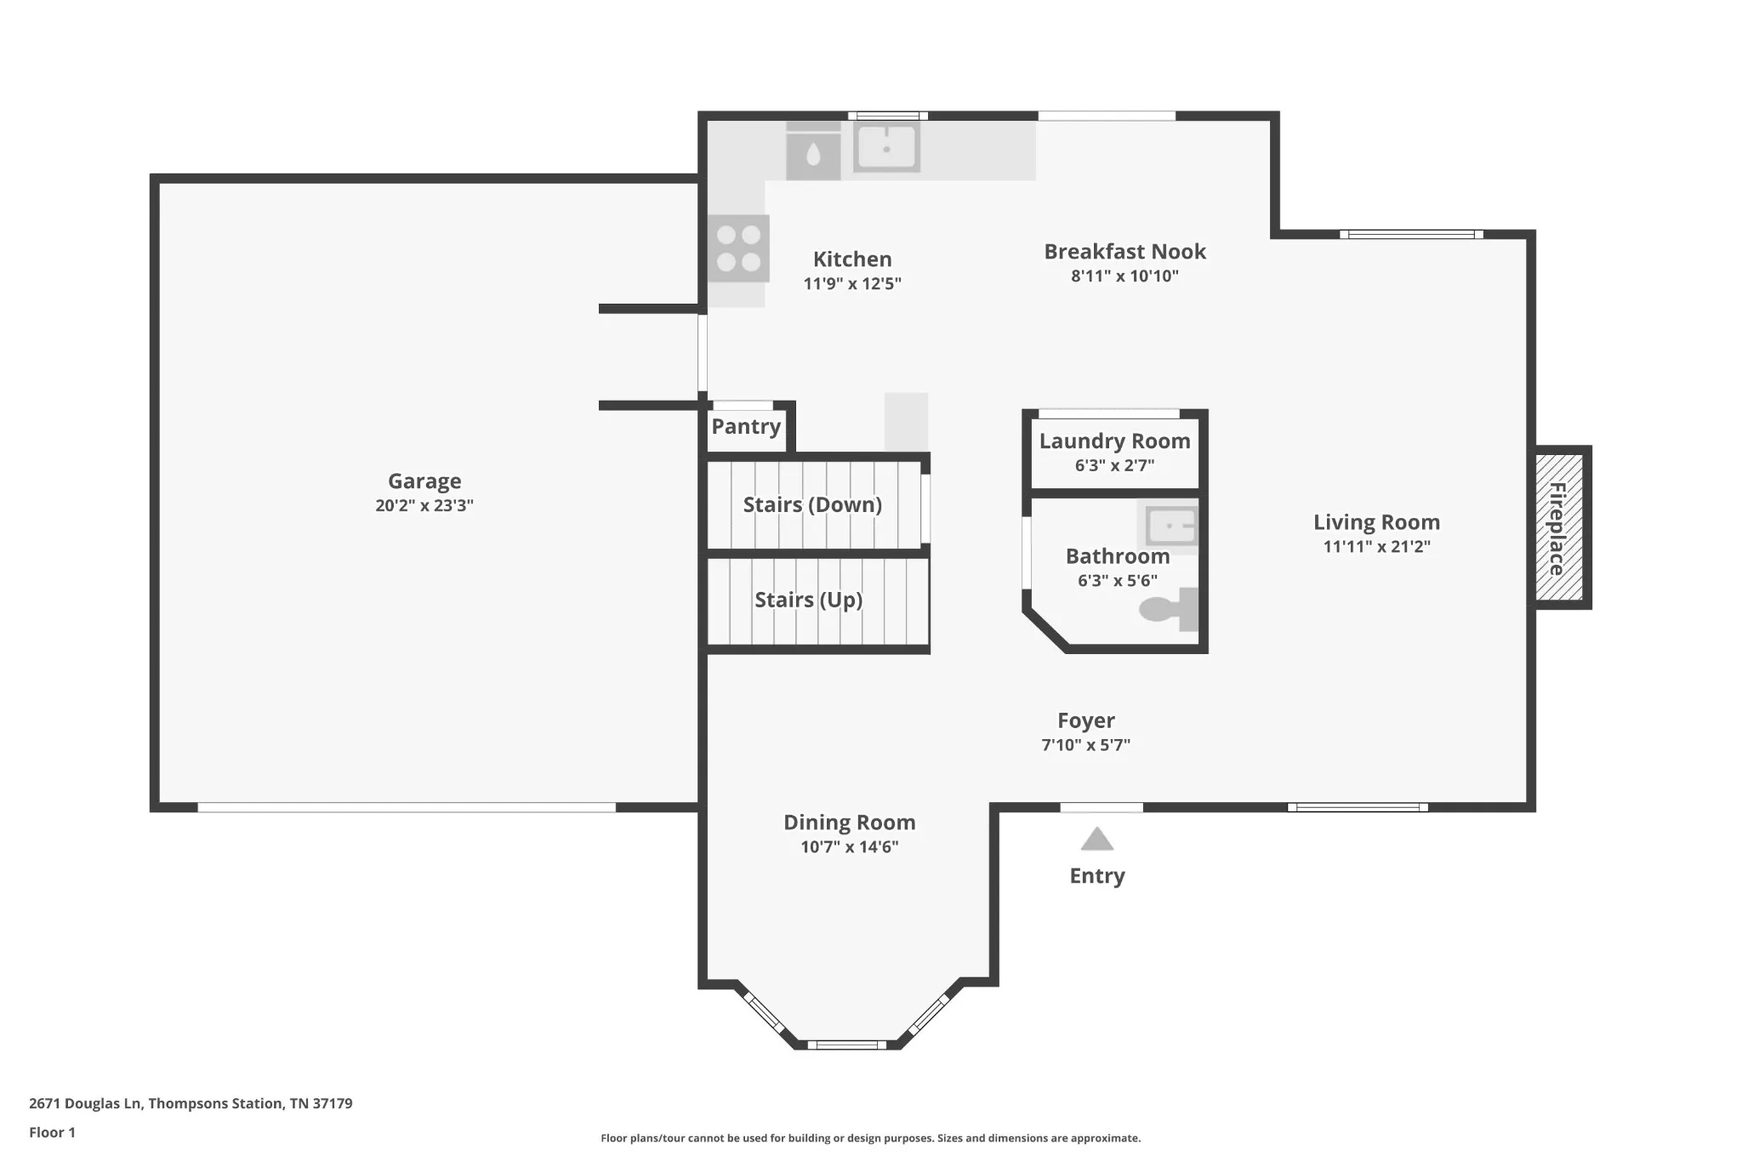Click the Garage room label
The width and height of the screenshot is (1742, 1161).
[424, 481]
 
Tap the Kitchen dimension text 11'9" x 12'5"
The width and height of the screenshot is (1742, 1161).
[852, 283]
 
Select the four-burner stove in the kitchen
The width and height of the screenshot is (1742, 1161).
[738, 248]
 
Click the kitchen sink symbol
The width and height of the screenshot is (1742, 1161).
[886, 148]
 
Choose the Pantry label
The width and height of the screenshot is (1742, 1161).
[746, 426]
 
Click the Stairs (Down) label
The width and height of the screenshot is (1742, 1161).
[812, 505]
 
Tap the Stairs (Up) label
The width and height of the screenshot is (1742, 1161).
[809, 600]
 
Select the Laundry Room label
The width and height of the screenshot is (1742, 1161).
[1114, 441]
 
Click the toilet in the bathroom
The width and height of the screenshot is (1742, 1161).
[1170, 609]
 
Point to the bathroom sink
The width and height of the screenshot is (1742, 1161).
[1170, 526]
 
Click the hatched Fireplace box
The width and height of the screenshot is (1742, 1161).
[1559, 527]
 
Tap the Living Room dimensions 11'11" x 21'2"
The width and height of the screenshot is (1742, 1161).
[1376, 546]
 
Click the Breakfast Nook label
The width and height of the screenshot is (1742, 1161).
[1124, 252]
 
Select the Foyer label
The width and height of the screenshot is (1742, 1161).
[1086, 720]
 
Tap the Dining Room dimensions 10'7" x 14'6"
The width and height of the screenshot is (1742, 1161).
[849, 846]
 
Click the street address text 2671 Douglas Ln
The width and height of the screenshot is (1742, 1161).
[86, 1103]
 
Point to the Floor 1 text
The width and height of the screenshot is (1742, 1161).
[52, 1132]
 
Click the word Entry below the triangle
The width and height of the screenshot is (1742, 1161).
[1097, 876]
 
